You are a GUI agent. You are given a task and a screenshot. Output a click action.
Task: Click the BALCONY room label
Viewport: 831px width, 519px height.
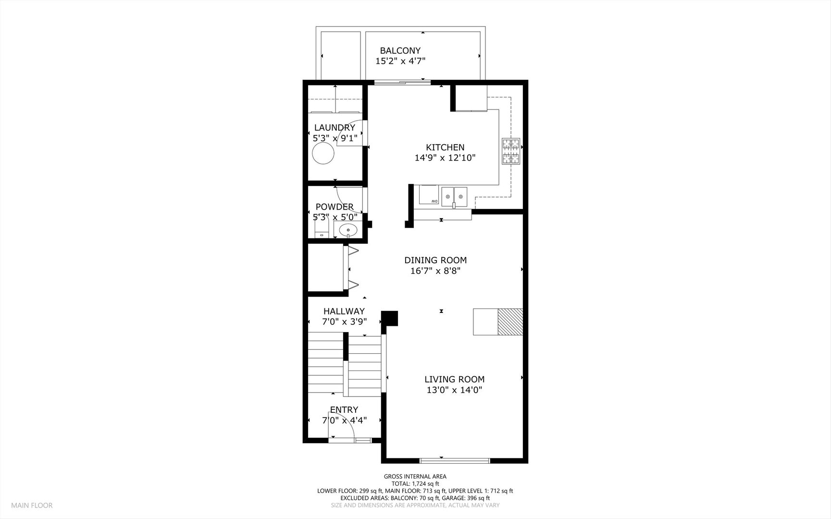click(x=400, y=50)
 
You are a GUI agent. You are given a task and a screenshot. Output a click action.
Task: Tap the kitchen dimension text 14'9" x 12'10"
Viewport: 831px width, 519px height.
click(x=445, y=158)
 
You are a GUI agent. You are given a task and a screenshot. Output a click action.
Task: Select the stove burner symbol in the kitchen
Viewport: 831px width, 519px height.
click(x=511, y=151)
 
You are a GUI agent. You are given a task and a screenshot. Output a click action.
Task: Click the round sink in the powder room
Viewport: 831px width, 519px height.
click(x=348, y=231)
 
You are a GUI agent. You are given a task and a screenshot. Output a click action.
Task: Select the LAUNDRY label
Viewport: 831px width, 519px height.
click(x=335, y=127)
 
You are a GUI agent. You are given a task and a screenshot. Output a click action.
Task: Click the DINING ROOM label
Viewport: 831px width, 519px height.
click(x=435, y=260)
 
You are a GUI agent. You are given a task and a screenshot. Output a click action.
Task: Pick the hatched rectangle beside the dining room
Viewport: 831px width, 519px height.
click(x=510, y=321)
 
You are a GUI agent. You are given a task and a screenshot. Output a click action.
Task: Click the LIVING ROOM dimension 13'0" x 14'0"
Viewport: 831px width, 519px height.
click(x=454, y=390)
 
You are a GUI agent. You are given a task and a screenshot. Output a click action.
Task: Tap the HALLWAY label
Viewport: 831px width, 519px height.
click(x=344, y=311)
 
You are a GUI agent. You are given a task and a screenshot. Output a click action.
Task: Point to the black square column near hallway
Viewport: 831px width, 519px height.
click(x=390, y=318)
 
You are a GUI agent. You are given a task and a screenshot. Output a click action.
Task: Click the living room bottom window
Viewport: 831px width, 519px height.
click(x=455, y=460)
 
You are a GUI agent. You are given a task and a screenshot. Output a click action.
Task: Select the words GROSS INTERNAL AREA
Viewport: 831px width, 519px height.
click(x=415, y=477)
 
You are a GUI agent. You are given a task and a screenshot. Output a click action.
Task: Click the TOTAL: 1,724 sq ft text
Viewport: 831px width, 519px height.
click(x=415, y=484)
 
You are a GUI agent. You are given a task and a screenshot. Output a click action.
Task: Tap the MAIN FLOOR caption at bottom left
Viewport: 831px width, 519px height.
click(x=32, y=505)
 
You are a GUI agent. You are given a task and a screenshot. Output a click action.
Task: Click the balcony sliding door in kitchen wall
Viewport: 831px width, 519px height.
click(x=402, y=83)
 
